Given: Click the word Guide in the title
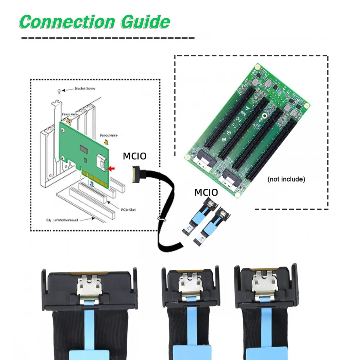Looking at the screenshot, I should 145,22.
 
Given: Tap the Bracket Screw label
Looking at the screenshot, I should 85,88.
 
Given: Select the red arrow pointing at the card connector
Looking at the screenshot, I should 111,169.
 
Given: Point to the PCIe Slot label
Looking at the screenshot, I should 128,210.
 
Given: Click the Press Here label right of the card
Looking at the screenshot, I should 109,136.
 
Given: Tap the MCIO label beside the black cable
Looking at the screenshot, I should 135,156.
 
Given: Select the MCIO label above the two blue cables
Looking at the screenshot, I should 206,192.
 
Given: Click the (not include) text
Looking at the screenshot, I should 286,179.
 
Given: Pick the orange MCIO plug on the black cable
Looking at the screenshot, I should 133,175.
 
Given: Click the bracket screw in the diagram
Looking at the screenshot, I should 59,91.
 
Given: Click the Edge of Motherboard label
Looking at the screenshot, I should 62,220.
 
